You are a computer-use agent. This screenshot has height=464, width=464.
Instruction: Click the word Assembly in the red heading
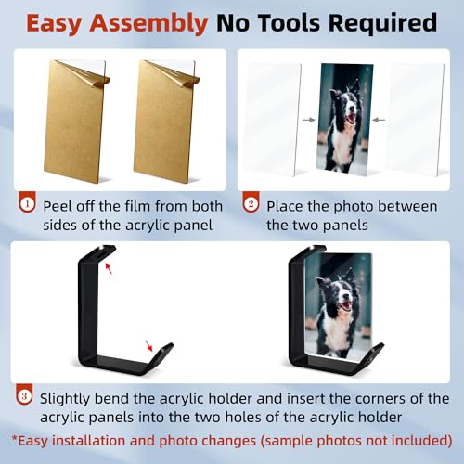pyautogui.click(x=148, y=24)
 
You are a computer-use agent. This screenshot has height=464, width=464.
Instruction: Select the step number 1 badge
pyautogui.click(x=28, y=202)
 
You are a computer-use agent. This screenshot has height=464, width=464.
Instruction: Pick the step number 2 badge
pyautogui.click(x=251, y=202)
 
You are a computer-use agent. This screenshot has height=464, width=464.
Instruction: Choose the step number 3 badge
pyautogui.click(x=24, y=395)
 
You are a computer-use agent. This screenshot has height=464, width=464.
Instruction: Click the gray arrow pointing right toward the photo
pyautogui.click(x=308, y=120)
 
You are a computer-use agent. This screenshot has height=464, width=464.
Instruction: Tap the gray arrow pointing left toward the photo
pyautogui.click(x=379, y=120)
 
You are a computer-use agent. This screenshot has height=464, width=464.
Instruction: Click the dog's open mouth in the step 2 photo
pyautogui.click(x=352, y=118)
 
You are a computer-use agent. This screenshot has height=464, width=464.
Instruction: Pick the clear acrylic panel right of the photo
pyautogui.click(x=415, y=119)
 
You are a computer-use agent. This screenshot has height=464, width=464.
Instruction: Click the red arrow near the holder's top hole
pyautogui.click(x=109, y=268)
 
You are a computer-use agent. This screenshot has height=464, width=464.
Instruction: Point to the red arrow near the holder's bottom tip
pyautogui.click(x=149, y=346)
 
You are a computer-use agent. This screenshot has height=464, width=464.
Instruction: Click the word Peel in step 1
pyautogui.click(x=57, y=206)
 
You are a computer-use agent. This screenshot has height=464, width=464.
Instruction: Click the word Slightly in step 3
pyautogui.click(x=65, y=399)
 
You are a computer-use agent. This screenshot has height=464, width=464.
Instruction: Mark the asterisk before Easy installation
pyautogui.click(x=15, y=438)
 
